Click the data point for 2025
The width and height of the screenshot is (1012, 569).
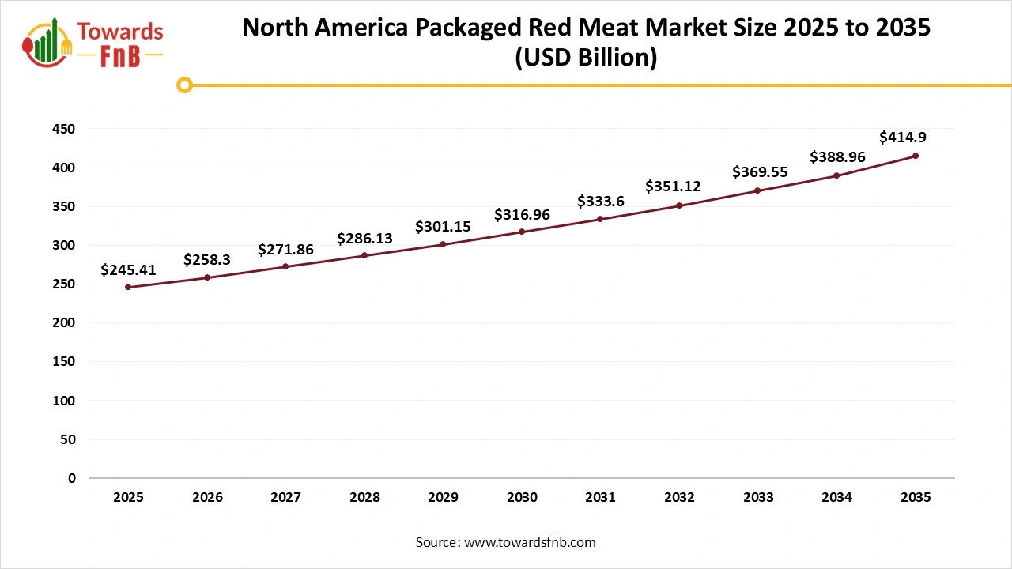pyautogui.click(x=128, y=287)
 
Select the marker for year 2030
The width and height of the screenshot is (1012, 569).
pyautogui.click(x=522, y=232)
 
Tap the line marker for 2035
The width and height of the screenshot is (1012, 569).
pyautogui.click(x=916, y=156)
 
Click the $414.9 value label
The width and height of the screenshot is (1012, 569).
pyautogui.click(x=903, y=138)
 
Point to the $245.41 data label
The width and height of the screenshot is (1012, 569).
pyautogui.click(x=128, y=270)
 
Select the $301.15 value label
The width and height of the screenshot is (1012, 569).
pyautogui.click(x=443, y=227)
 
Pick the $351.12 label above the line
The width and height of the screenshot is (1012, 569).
pyautogui.click(x=673, y=187)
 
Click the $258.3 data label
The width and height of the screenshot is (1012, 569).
pyautogui.click(x=207, y=259)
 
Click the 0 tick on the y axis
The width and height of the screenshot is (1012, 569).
pyautogui.click(x=72, y=478)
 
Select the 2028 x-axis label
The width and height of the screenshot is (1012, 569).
pyautogui.click(x=364, y=498)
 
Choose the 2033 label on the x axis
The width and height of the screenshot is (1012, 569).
pyautogui.click(x=758, y=498)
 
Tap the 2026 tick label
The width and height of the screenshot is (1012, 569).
pyautogui.click(x=207, y=498)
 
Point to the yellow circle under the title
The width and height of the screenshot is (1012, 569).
pyautogui.click(x=184, y=85)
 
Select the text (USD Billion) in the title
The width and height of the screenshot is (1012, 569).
pyautogui.click(x=586, y=58)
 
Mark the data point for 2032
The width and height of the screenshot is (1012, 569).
pyautogui.click(x=679, y=205)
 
